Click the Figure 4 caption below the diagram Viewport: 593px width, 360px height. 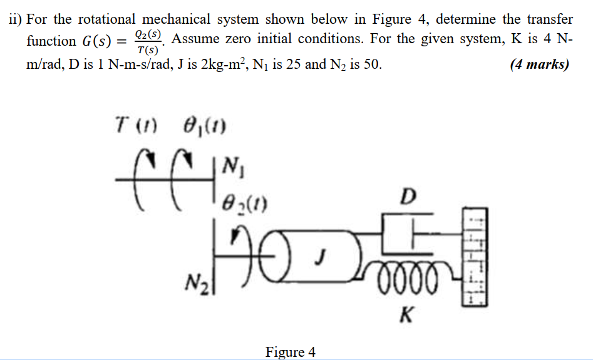291,352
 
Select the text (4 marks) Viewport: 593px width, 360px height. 539,64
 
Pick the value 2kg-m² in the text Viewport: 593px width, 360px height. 222,64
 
